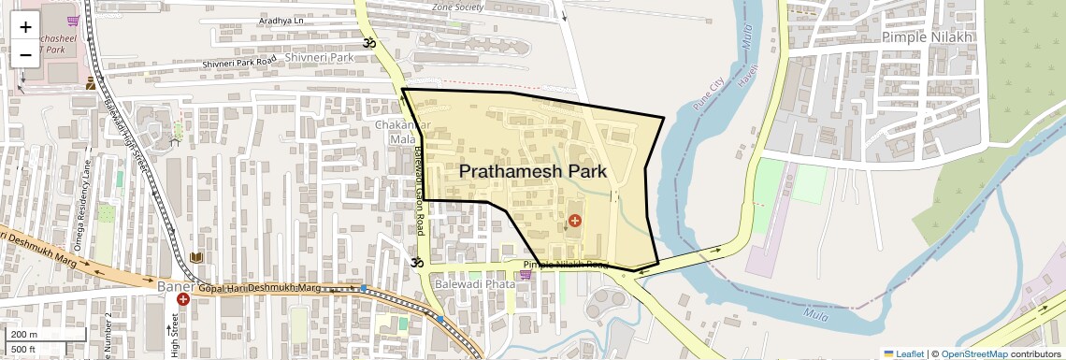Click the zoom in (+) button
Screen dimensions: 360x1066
[25, 27]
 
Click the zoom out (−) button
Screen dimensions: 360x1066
[25, 55]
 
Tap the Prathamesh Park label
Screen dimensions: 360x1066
[533, 172]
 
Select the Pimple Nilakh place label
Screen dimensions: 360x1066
[928, 36]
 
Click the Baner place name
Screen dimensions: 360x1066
[174, 285]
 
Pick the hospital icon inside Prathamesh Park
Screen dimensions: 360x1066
[574, 221]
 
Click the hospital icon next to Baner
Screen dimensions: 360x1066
[182, 300]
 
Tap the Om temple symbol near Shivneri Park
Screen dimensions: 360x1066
[368, 43]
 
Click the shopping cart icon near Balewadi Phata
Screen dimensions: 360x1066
[526, 275]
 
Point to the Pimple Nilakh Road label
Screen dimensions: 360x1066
[566, 266]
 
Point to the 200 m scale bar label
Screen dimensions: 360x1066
[24, 334]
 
